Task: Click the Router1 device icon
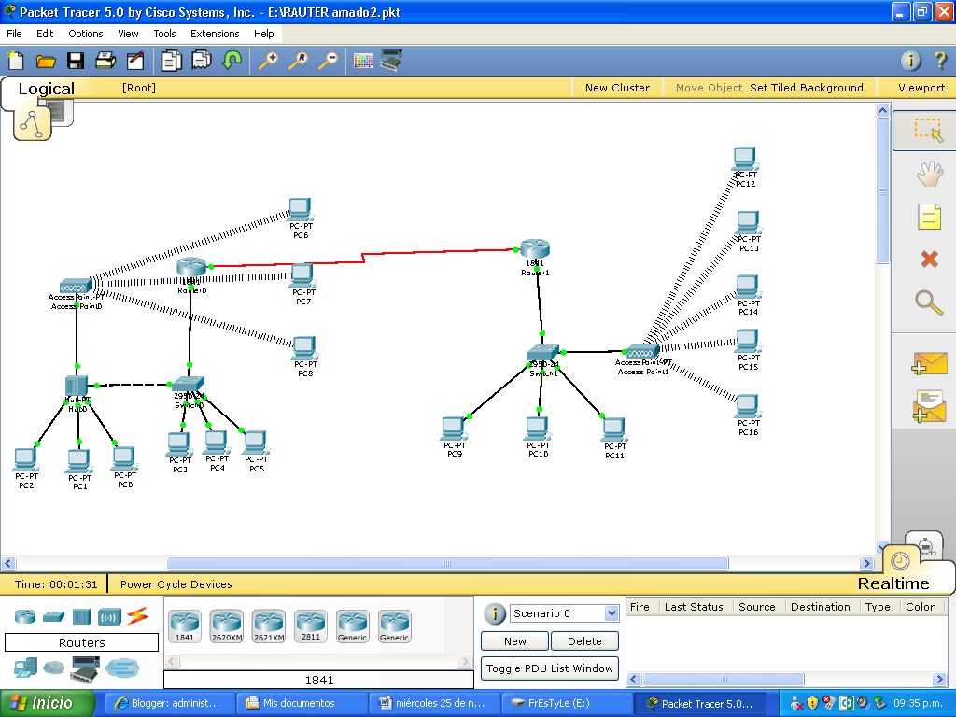coord(535,249)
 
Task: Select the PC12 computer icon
coord(744,159)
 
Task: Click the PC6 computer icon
coord(300,209)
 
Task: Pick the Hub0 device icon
coord(77,386)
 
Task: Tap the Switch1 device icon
coord(542,354)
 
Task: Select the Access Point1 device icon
coord(642,351)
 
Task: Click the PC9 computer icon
coord(454,428)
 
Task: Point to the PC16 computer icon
coord(747,406)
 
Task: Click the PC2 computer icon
coord(25,459)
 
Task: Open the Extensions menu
coord(215,34)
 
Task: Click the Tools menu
coord(164,34)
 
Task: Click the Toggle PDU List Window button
coord(550,668)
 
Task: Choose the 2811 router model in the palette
coord(310,623)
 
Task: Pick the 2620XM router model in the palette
coord(226,623)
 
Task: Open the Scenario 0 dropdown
coord(564,613)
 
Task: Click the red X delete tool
coord(929,259)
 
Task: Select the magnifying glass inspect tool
coord(929,302)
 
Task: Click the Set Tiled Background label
coord(807,88)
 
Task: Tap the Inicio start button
coord(49,703)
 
